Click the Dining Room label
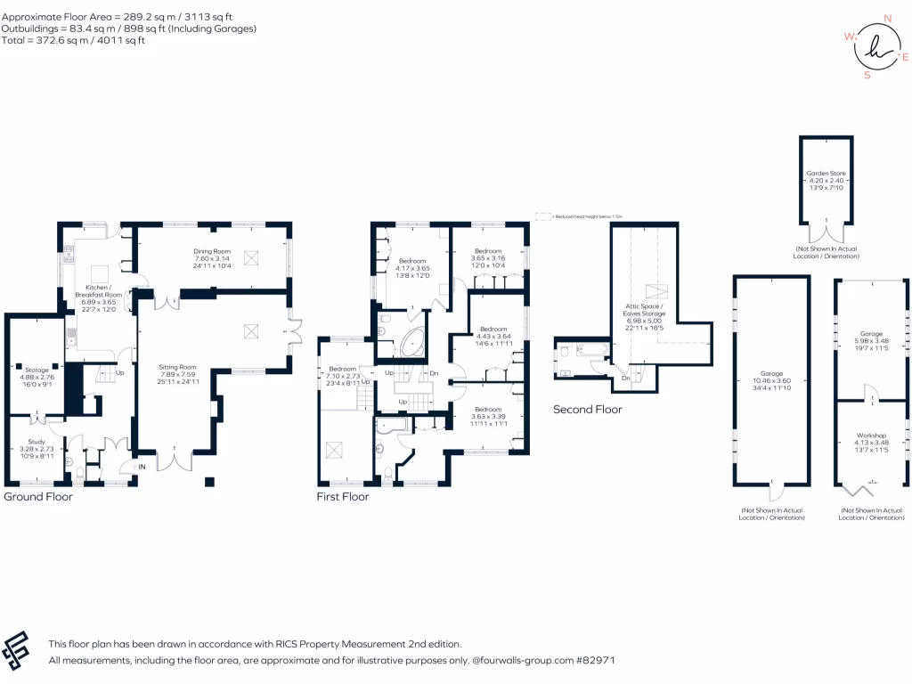(212, 251)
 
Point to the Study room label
(37, 443)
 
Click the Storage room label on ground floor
(37, 369)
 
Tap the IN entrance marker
(140, 467)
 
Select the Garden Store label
(826, 173)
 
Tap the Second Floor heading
(587, 410)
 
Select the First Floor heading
(343, 497)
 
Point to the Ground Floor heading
(38, 497)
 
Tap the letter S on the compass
(867, 76)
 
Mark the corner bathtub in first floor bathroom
(411, 342)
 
